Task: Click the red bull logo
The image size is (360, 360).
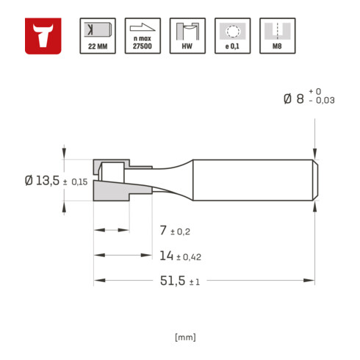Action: click(44, 36)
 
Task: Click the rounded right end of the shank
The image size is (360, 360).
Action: click(314, 180)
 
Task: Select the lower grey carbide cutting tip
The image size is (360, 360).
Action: click(110, 194)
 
